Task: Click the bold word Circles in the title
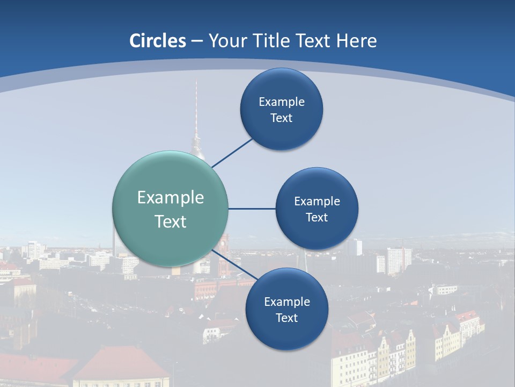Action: tap(158, 41)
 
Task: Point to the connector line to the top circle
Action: tap(232, 153)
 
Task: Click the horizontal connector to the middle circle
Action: tap(252, 209)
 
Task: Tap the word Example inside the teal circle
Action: tap(171, 198)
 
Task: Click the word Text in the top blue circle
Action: tap(281, 118)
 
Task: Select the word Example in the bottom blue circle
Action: tap(287, 302)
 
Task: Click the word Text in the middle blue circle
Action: tap(317, 218)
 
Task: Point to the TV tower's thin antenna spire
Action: tap(196, 107)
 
